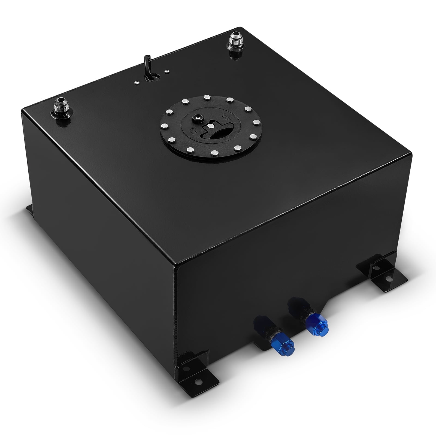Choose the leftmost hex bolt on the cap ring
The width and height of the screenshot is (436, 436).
[x=165, y=126]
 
